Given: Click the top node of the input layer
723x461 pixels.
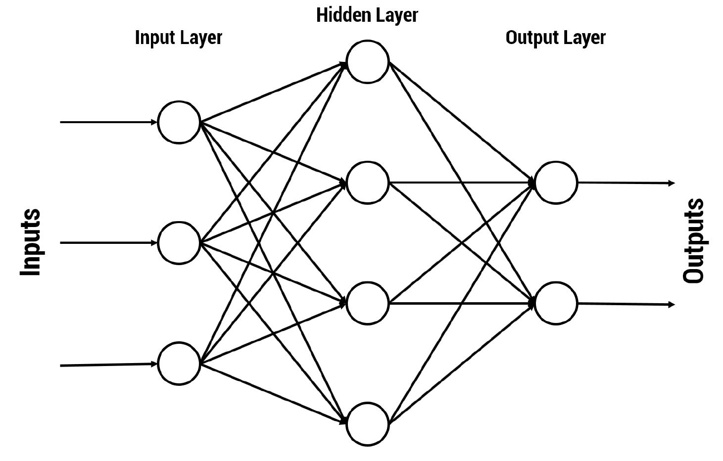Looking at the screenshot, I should pyautogui.click(x=179, y=122).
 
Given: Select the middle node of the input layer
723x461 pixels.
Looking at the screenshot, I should pyautogui.click(x=179, y=243).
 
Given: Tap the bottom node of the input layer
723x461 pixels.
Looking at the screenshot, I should pyautogui.click(x=179, y=364).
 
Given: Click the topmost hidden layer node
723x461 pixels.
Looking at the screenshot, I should pyautogui.click(x=367, y=62).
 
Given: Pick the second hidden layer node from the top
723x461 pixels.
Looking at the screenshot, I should pyautogui.click(x=367, y=183).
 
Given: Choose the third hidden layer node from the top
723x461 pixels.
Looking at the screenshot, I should pyautogui.click(x=367, y=303).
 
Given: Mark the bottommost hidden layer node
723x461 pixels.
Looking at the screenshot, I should pyautogui.click(x=367, y=424).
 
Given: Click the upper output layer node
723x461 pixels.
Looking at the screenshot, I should pyautogui.click(x=556, y=183).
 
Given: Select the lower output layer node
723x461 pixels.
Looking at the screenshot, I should pyautogui.click(x=556, y=303).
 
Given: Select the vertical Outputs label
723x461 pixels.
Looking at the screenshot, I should pyautogui.click(x=693, y=241).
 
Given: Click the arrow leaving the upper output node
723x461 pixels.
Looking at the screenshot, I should pyautogui.click(x=626, y=183).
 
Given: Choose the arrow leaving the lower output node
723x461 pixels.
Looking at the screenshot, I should pyautogui.click(x=626, y=304).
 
